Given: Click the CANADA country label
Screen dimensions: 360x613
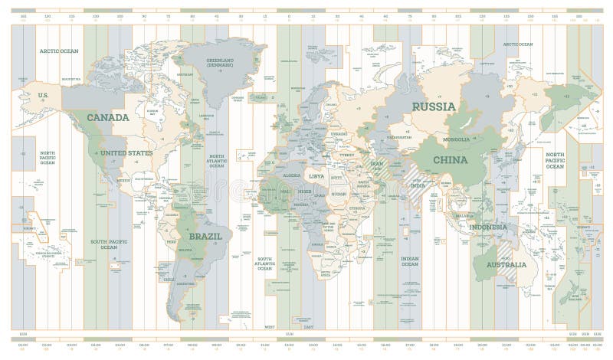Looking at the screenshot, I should [107, 117].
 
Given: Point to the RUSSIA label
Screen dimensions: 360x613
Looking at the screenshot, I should [434, 106].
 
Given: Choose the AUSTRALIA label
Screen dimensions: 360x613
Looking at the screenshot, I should [500, 265].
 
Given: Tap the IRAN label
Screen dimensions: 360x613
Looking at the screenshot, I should [377, 163].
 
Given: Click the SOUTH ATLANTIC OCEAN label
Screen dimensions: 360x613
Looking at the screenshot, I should [264, 263].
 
